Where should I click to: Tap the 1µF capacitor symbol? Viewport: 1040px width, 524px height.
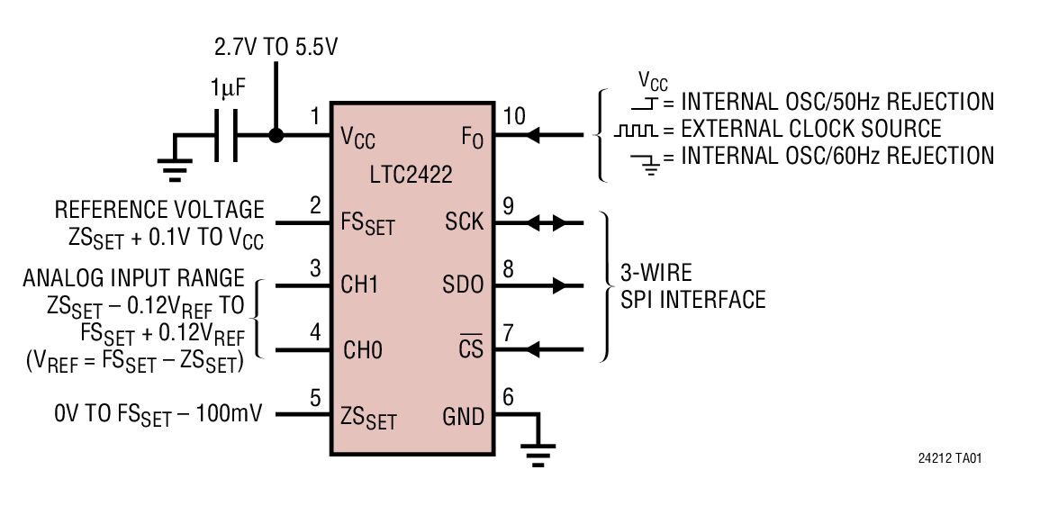click(x=225, y=136)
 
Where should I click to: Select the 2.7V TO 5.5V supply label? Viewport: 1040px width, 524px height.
click(x=276, y=46)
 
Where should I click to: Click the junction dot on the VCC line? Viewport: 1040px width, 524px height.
click(x=276, y=136)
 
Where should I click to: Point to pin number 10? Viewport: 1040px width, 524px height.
click(x=514, y=115)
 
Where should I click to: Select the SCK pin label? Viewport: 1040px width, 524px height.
click(x=464, y=221)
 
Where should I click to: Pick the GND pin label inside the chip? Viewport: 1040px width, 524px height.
click(x=463, y=416)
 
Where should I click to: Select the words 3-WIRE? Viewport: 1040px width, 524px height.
click(x=656, y=272)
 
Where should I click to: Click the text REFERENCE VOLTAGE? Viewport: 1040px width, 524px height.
click(x=159, y=210)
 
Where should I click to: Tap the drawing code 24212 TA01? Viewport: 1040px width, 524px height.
click(x=949, y=459)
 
